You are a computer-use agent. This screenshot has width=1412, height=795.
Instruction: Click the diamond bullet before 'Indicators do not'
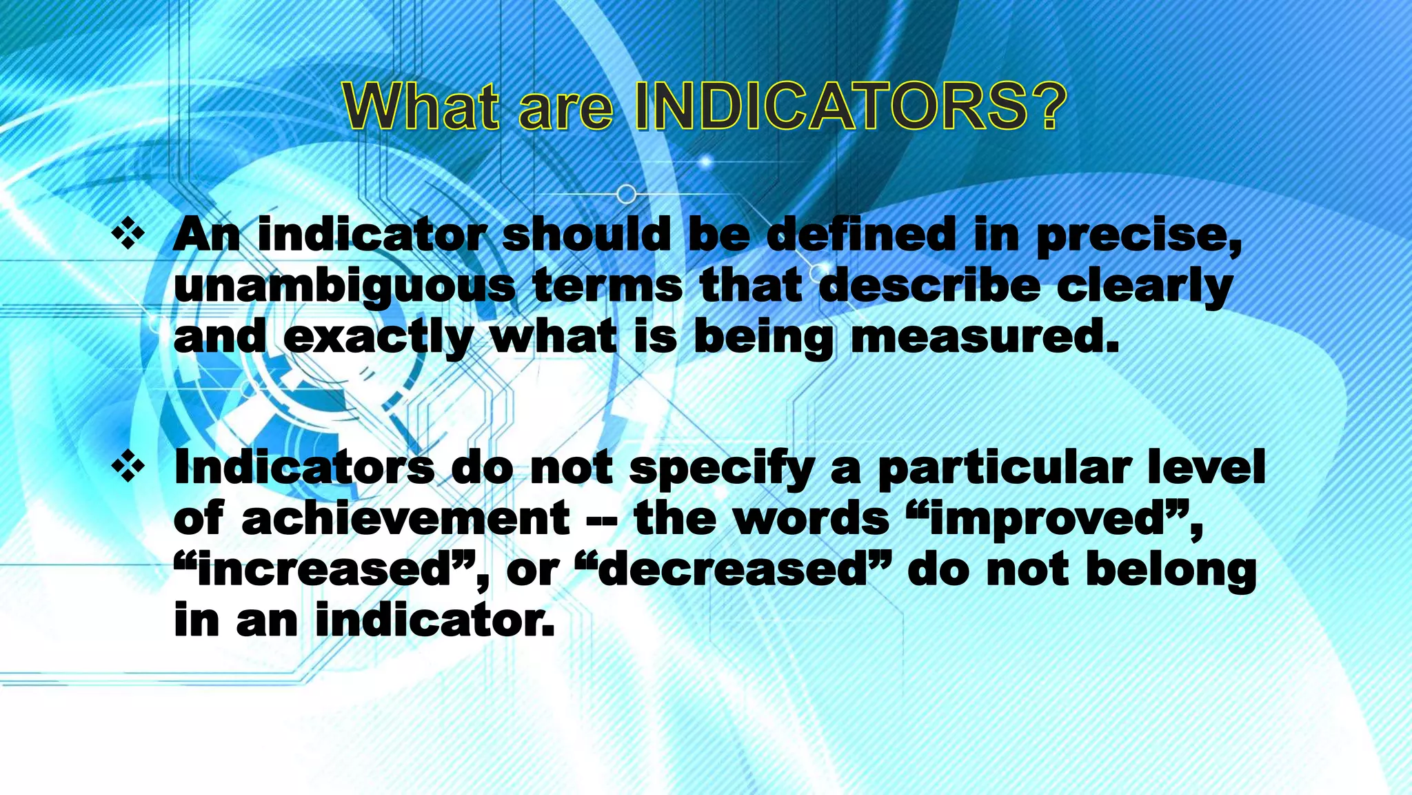[128, 468]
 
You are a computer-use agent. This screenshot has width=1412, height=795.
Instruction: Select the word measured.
[985, 337]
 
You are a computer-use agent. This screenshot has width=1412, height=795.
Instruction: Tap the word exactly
[378, 339]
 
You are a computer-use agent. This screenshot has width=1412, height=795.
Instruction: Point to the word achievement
[406, 519]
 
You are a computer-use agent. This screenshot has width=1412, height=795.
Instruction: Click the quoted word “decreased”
[732, 571]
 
